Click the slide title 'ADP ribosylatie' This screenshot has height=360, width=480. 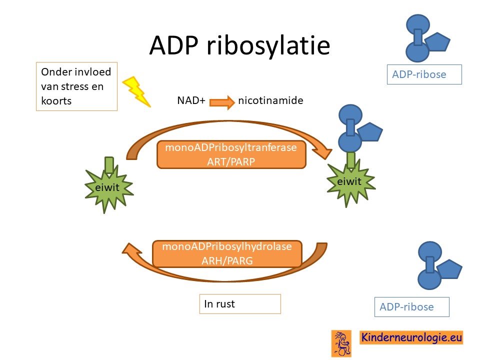[239, 46]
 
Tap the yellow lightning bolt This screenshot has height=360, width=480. [136, 91]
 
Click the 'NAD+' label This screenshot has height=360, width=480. [191, 100]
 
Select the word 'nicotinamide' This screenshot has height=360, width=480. [270, 100]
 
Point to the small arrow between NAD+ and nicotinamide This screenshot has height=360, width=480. [222, 102]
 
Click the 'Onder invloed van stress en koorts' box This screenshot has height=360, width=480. [76, 86]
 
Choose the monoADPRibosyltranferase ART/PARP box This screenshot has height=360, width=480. [231, 154]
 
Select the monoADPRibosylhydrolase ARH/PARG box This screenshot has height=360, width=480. [227, 254]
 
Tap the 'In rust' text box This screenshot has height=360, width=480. [240, 303]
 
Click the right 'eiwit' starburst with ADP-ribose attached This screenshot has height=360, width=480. [351, 182]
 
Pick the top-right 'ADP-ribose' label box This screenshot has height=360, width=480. [424, 74]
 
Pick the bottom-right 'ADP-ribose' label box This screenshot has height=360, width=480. [411, 306]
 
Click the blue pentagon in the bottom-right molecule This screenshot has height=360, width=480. [449, 269]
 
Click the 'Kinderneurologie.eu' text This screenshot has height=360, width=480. [411, 337]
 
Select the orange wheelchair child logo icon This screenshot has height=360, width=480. [341, 343]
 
